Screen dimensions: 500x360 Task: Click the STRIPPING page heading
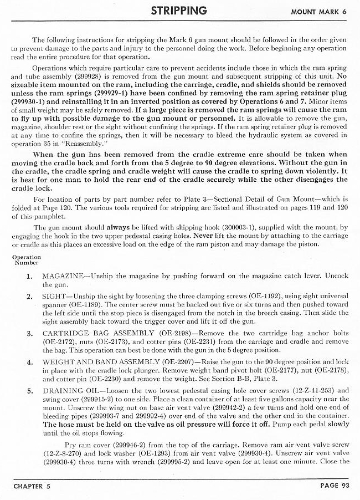pyautogui.click(x=179, y=11)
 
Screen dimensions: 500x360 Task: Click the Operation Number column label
pyautogui.click(x=25, y=259)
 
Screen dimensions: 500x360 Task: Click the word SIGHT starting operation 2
pyautogui.click(x=55, y=297)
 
